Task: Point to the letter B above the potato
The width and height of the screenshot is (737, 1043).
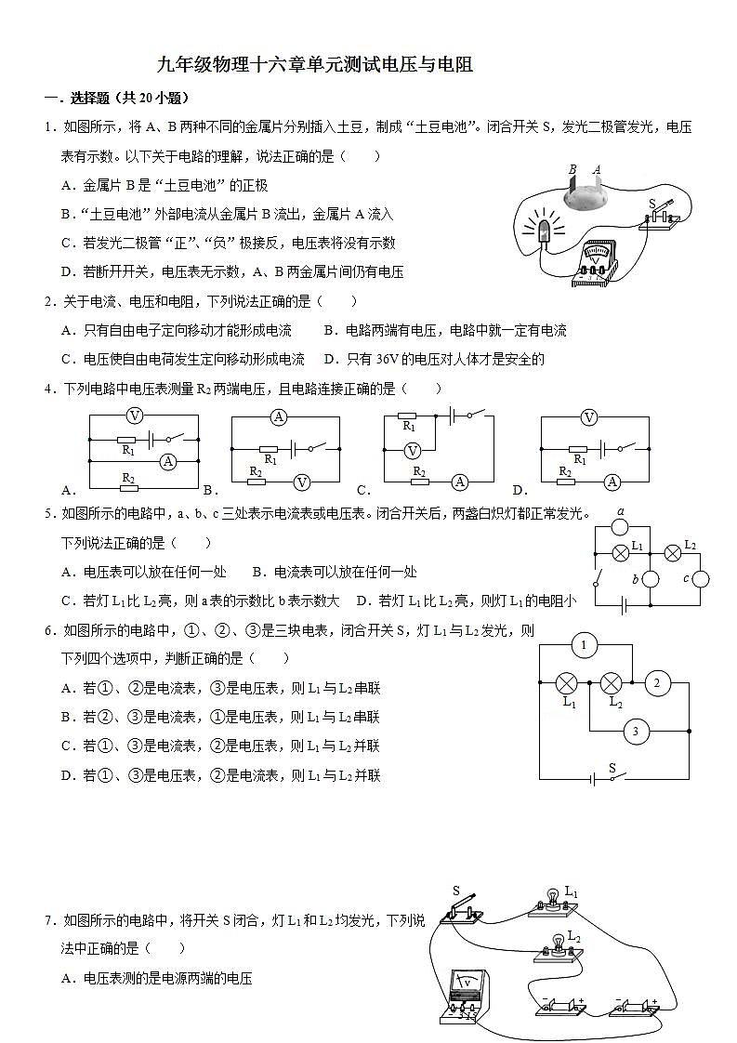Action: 572,170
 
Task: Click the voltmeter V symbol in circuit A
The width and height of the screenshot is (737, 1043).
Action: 135,416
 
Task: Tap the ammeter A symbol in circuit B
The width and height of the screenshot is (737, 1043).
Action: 278,417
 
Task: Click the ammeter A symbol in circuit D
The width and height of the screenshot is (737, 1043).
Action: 612,482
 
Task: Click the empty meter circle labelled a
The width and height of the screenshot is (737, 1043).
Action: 620,528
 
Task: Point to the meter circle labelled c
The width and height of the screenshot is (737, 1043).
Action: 699,578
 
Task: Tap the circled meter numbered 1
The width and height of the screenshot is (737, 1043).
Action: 584,645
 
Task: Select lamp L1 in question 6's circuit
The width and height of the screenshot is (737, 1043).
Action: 567,684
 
